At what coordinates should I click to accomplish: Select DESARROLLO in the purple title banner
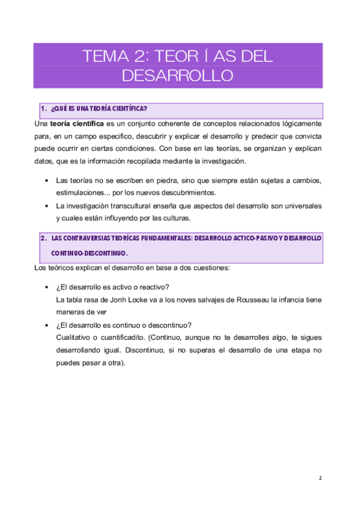tap(177, 76)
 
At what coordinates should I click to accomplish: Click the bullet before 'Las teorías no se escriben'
tap(47, 180)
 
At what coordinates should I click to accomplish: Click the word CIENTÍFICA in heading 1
tap(126, 109)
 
